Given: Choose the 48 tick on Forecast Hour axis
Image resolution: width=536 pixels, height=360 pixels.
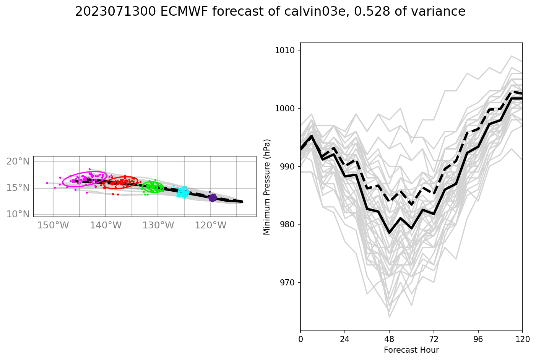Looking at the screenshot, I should click(x=389, y=339).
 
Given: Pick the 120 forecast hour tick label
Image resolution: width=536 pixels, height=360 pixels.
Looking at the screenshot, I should click(x=522, y=339).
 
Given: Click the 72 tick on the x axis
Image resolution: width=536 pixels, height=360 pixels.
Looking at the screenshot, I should click(x=434, y=339).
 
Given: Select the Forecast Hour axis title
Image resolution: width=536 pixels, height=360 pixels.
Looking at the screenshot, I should click(x=411, y=350).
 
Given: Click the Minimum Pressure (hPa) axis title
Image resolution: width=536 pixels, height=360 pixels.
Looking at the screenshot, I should click(x=267, y=187).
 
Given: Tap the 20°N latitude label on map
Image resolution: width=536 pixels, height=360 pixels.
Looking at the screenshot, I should click(x=18, y=161).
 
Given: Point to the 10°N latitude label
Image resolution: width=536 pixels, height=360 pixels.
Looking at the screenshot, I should click(x=18, y=214).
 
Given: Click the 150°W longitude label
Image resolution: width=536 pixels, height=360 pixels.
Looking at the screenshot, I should click(x=53, y=225).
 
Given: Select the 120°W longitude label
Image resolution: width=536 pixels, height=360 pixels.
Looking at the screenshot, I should click(x=211, y=225).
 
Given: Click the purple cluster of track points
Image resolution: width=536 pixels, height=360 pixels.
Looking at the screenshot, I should click(x=213, y=198).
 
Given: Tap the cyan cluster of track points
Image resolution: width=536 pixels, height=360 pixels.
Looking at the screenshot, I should click(x=184, y=192).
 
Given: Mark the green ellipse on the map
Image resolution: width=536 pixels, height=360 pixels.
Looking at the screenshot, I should click(x=153, y=187).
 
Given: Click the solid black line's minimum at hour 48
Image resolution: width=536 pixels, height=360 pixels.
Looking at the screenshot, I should click(x=389, y=233).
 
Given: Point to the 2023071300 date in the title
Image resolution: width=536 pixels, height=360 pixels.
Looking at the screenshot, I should click(x=115, y=12).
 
